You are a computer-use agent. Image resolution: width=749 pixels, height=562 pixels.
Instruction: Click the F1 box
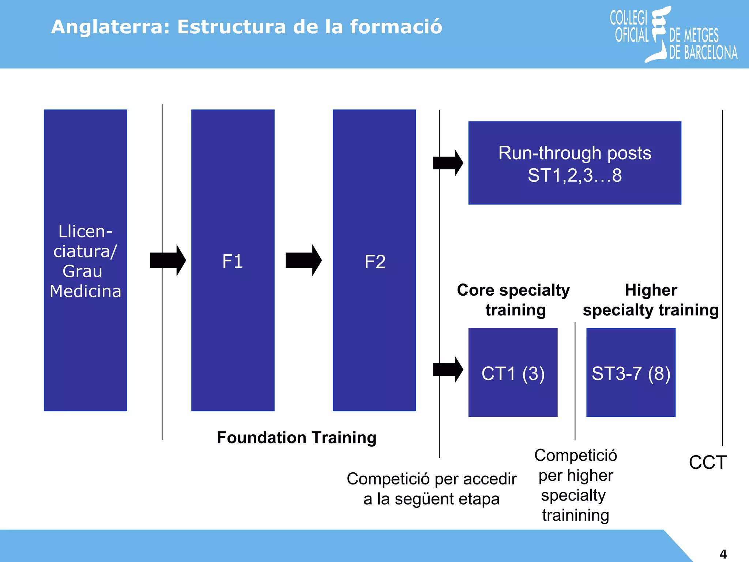(x=233, y=261)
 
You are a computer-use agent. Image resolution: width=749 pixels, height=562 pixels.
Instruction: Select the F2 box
(x=374, y=261)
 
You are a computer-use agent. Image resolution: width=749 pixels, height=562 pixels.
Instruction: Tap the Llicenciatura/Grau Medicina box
(x=85, y=261)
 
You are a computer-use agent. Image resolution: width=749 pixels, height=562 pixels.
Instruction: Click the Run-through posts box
(x=575, y=163)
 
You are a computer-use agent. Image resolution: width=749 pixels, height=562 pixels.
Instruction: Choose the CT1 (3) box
(x=513, y=372)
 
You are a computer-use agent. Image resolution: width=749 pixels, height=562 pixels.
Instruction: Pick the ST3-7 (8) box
(x=631, y=372)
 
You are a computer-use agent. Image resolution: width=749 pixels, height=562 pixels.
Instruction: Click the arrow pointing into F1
(x=168, y=261)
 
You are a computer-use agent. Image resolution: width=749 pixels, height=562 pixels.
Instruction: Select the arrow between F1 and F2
(x=304, y=261)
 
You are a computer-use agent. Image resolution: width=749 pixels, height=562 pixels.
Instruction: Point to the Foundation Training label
(x=297, y=438)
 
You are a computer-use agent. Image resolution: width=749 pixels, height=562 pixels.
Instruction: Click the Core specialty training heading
(x=513, y=300)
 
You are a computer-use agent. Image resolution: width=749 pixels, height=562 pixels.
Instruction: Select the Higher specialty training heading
(x=651, y=300)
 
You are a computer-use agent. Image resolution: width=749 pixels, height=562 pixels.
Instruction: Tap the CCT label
(x=708, y=462)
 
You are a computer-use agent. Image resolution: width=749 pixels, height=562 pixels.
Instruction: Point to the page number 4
(x=723, y=554)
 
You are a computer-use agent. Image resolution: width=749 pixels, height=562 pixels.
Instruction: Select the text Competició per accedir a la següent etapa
(x=432, y=489)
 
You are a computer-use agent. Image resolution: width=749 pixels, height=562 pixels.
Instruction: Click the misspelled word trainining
(x=575, y=515)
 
